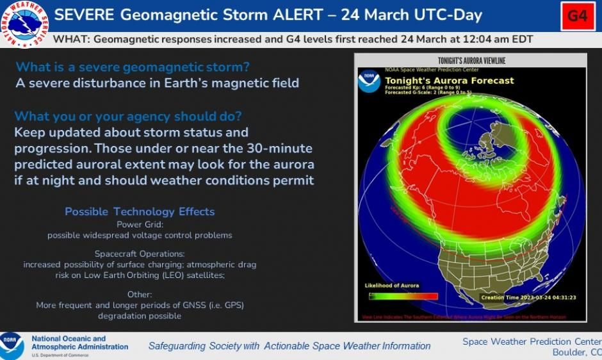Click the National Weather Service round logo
pyautogui.click(x=24, y=24)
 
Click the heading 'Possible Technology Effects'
pyautogui.click(x=140, y=212)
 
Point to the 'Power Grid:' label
pyautogui.click(x=140, y=224)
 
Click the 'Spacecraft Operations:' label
pyautogui.click(x=140, y=254)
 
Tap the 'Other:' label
pyautogui.click(x=140, y=294)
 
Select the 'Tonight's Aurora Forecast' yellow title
pyautogui.click(x=449, y=81)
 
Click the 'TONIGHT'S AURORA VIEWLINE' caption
pyautogui.click(x=471, y=61)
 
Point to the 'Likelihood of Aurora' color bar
pyautogui.click(x=403, y=296)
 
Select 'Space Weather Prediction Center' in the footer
pyautogui.click(x=531, y=341)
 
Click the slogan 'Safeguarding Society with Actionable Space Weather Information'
pyautogui.click(x=289, y=346)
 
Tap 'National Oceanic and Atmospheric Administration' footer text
pyautogui.click(x=79, y=343)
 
